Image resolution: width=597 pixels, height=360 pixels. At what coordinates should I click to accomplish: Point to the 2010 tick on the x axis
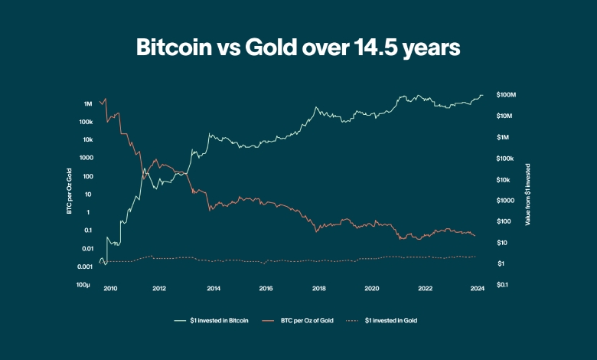pyautogui.click(x=110, y=289)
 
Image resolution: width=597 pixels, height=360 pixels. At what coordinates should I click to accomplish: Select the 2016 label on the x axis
pyautogui.click(x=266, y=289)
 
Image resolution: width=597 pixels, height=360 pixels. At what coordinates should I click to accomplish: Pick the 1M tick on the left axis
pyautogui.click(x=88, y=103)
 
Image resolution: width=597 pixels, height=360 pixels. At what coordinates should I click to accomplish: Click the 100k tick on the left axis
pyautogui.click(x=85, y=122)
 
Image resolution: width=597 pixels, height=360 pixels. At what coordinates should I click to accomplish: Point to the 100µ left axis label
pyautogui.click(x=84, y=285)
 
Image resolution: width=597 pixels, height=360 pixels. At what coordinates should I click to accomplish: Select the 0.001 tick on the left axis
pyautogui.click(x=83, y=267)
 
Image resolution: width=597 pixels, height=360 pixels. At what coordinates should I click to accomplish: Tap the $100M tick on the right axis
pyautogui.click(x=507, y=95)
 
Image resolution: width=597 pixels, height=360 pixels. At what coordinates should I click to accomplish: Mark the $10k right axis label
pyautogui.click(x=504, y=179)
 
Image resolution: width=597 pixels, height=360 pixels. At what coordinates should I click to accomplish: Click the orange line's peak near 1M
pyautogui.click(x=105, y=98)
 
